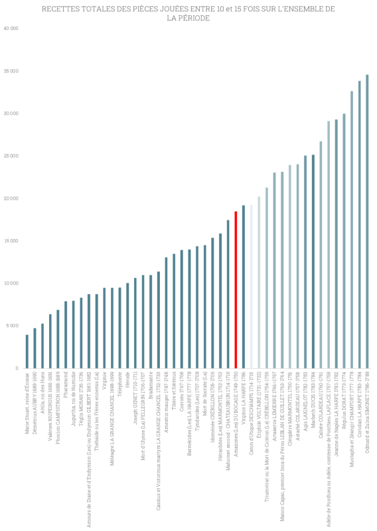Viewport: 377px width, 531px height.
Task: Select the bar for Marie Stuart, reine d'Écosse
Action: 27,352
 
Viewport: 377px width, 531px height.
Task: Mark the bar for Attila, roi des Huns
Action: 42,346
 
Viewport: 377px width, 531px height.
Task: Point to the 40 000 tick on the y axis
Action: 11,29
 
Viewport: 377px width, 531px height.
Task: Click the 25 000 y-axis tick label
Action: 11,156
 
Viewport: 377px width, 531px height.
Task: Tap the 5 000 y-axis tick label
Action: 12,326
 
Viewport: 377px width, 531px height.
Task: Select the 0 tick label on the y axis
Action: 17,368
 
